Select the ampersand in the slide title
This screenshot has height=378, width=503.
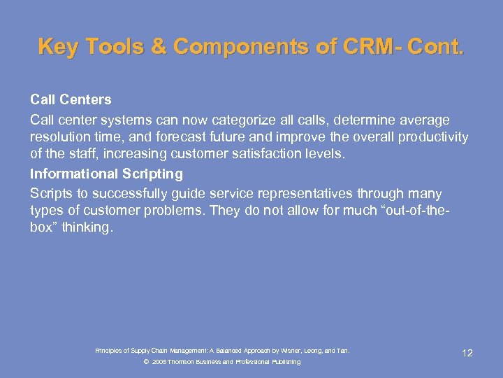coord(158,47)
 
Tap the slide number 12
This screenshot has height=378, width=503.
coord(467,353)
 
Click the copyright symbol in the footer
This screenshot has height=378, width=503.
coord(145,362)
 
